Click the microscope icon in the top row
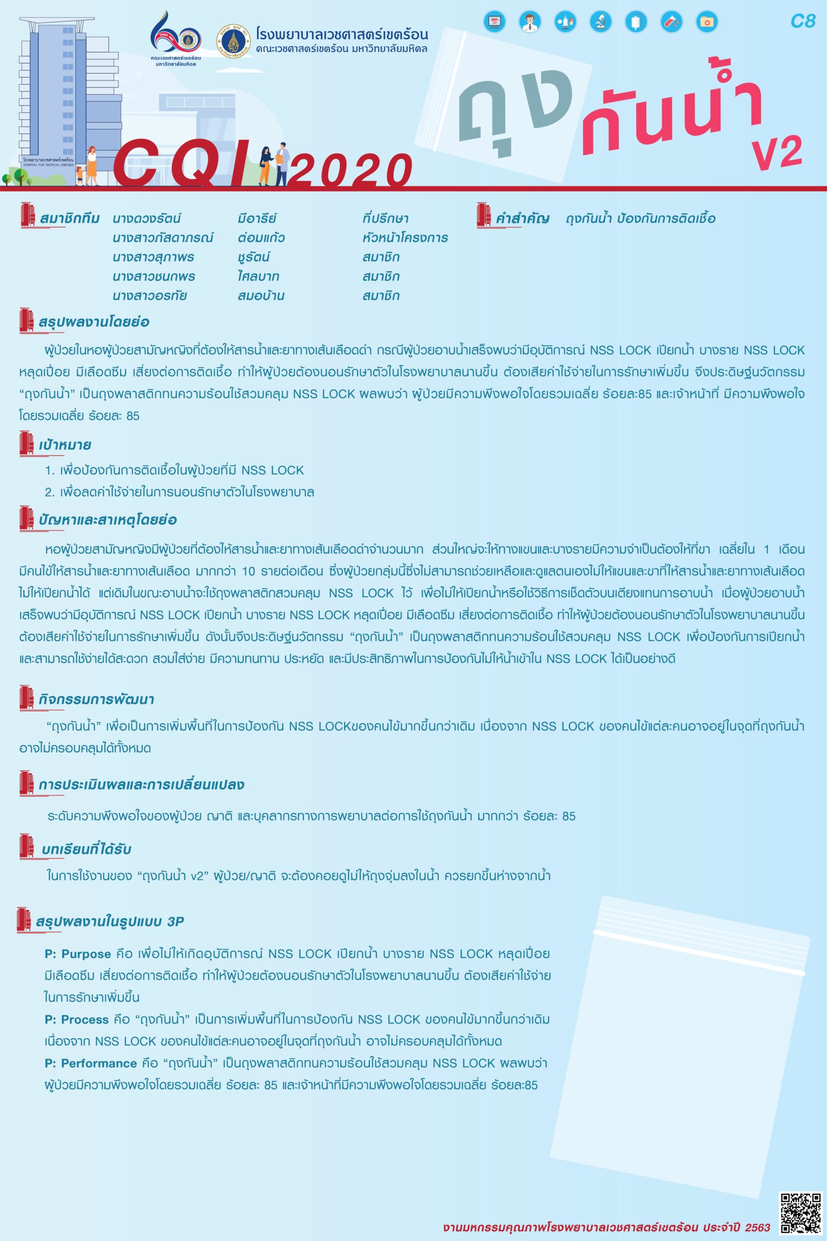(601, 22)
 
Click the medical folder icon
(707, 22)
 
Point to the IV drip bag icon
(636, 22)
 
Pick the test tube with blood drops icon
(671, 22)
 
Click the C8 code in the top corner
(803, 21)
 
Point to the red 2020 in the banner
(350, 170)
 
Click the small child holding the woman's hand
(80, 175)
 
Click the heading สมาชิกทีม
(70, 218)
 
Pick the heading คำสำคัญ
(522, 218)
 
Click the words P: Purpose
(78, 954)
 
